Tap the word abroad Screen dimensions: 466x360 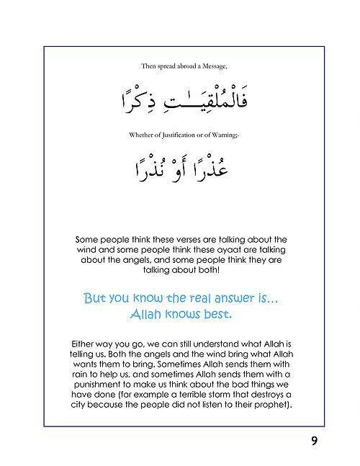(x=183, y=66)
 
